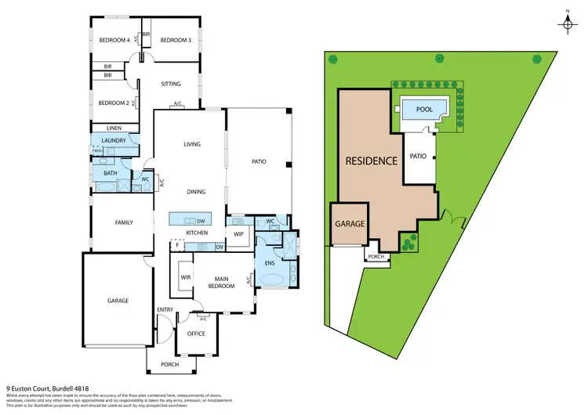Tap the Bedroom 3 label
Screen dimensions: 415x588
click(x=176, y=40)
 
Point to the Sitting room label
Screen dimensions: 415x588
click(x=171, y=84)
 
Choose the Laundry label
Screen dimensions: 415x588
click(x=114, y=140)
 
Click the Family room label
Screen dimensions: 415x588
click(x=124, y=222)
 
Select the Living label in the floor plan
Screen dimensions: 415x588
click(x=192, y=144)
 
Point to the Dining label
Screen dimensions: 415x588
click(x=196, y=192)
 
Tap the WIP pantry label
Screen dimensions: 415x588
click(x=239, y=233)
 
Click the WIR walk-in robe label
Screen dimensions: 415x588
click(x=186, y=277)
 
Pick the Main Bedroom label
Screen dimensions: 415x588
click(x=221, y=282)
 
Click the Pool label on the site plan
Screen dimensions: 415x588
click(x=423, y=110)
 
